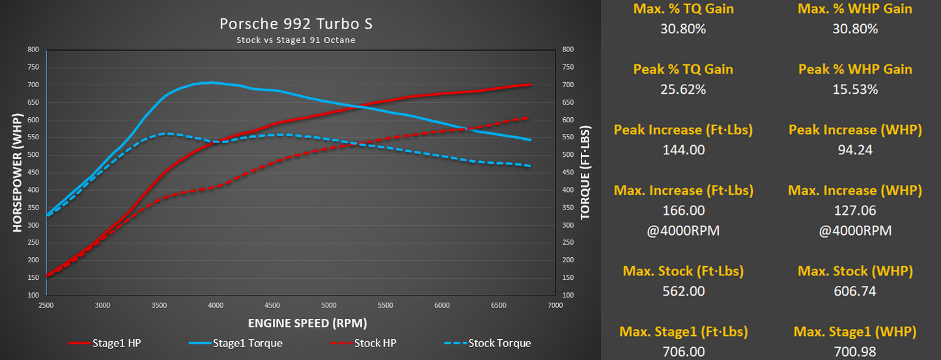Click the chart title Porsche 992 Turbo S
pyautogui.click(x=296, y=24)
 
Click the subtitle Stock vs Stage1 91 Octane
pyautogui.click(x=296, y=40)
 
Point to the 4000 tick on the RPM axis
pyautogui.click(x=216, y=305)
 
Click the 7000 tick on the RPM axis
pyautogui.click(x=554, y=305)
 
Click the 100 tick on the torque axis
pyautogui.click(x=568, y=296)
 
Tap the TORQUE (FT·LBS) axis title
pyautogui.click(x=585, y=172)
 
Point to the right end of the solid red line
pyautogui.click(x=530, y=85)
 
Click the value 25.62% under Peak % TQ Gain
pyautogui.click(x=683, y=90)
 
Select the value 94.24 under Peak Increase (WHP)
pyautogui.click(x=855, y=150)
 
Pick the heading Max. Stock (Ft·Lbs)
pyautogui.click(x=683, y=271)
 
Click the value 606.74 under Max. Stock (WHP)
pyautogui.click(x=855, y=291)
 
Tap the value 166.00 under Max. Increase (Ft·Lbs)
pyautogui.click(x=683, y=211)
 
